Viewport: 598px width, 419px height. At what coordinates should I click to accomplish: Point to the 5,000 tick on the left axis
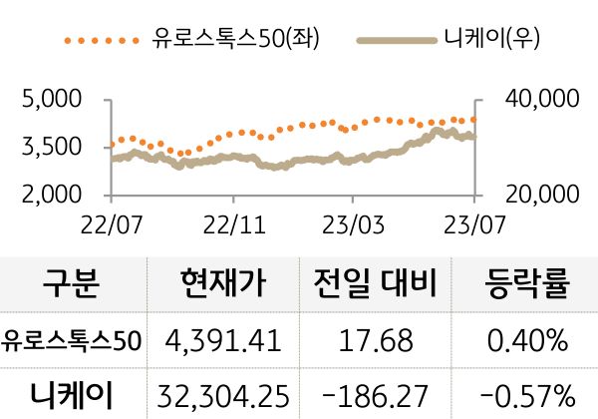coord(50,100)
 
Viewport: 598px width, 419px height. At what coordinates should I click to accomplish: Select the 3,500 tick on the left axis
coord(50,148)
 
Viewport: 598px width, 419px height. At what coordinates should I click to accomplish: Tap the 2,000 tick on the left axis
coord(50,195)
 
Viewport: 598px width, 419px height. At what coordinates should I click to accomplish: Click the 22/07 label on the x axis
coord(111,219)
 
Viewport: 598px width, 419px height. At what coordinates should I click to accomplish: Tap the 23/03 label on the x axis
coord(355,219)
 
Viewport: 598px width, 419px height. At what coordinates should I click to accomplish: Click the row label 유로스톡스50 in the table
coord(72,340)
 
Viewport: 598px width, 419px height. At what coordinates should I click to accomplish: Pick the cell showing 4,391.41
coord(224,340)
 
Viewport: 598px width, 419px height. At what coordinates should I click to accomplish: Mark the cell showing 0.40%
coord(526,340)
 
